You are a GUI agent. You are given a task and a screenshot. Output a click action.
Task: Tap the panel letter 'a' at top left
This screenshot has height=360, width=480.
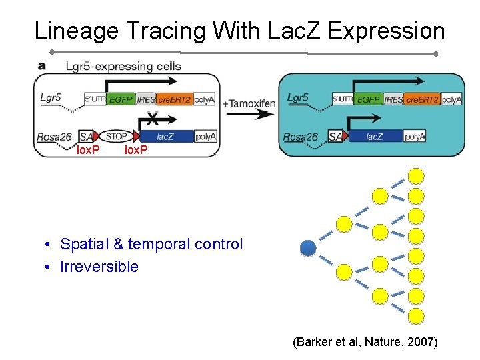42,65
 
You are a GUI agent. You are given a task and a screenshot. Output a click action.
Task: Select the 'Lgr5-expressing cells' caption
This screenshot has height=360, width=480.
123,66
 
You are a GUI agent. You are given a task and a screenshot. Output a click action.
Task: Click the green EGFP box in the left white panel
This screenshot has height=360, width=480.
120,99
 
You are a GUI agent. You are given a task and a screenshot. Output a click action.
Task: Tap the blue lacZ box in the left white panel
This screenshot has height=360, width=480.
165,136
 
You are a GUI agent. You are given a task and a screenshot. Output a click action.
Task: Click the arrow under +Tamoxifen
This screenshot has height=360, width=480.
250,115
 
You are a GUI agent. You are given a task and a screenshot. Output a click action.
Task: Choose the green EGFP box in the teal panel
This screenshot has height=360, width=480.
368,99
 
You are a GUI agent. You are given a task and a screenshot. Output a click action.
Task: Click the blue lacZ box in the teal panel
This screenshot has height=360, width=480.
375,137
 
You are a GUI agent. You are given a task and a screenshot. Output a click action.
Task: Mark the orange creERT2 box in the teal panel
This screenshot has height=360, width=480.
422,99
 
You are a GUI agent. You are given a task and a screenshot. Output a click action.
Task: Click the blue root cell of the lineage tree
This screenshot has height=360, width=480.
307,248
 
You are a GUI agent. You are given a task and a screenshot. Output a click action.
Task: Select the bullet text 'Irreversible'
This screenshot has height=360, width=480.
99,267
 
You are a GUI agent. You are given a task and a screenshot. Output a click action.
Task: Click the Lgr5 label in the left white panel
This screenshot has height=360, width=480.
51,98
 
